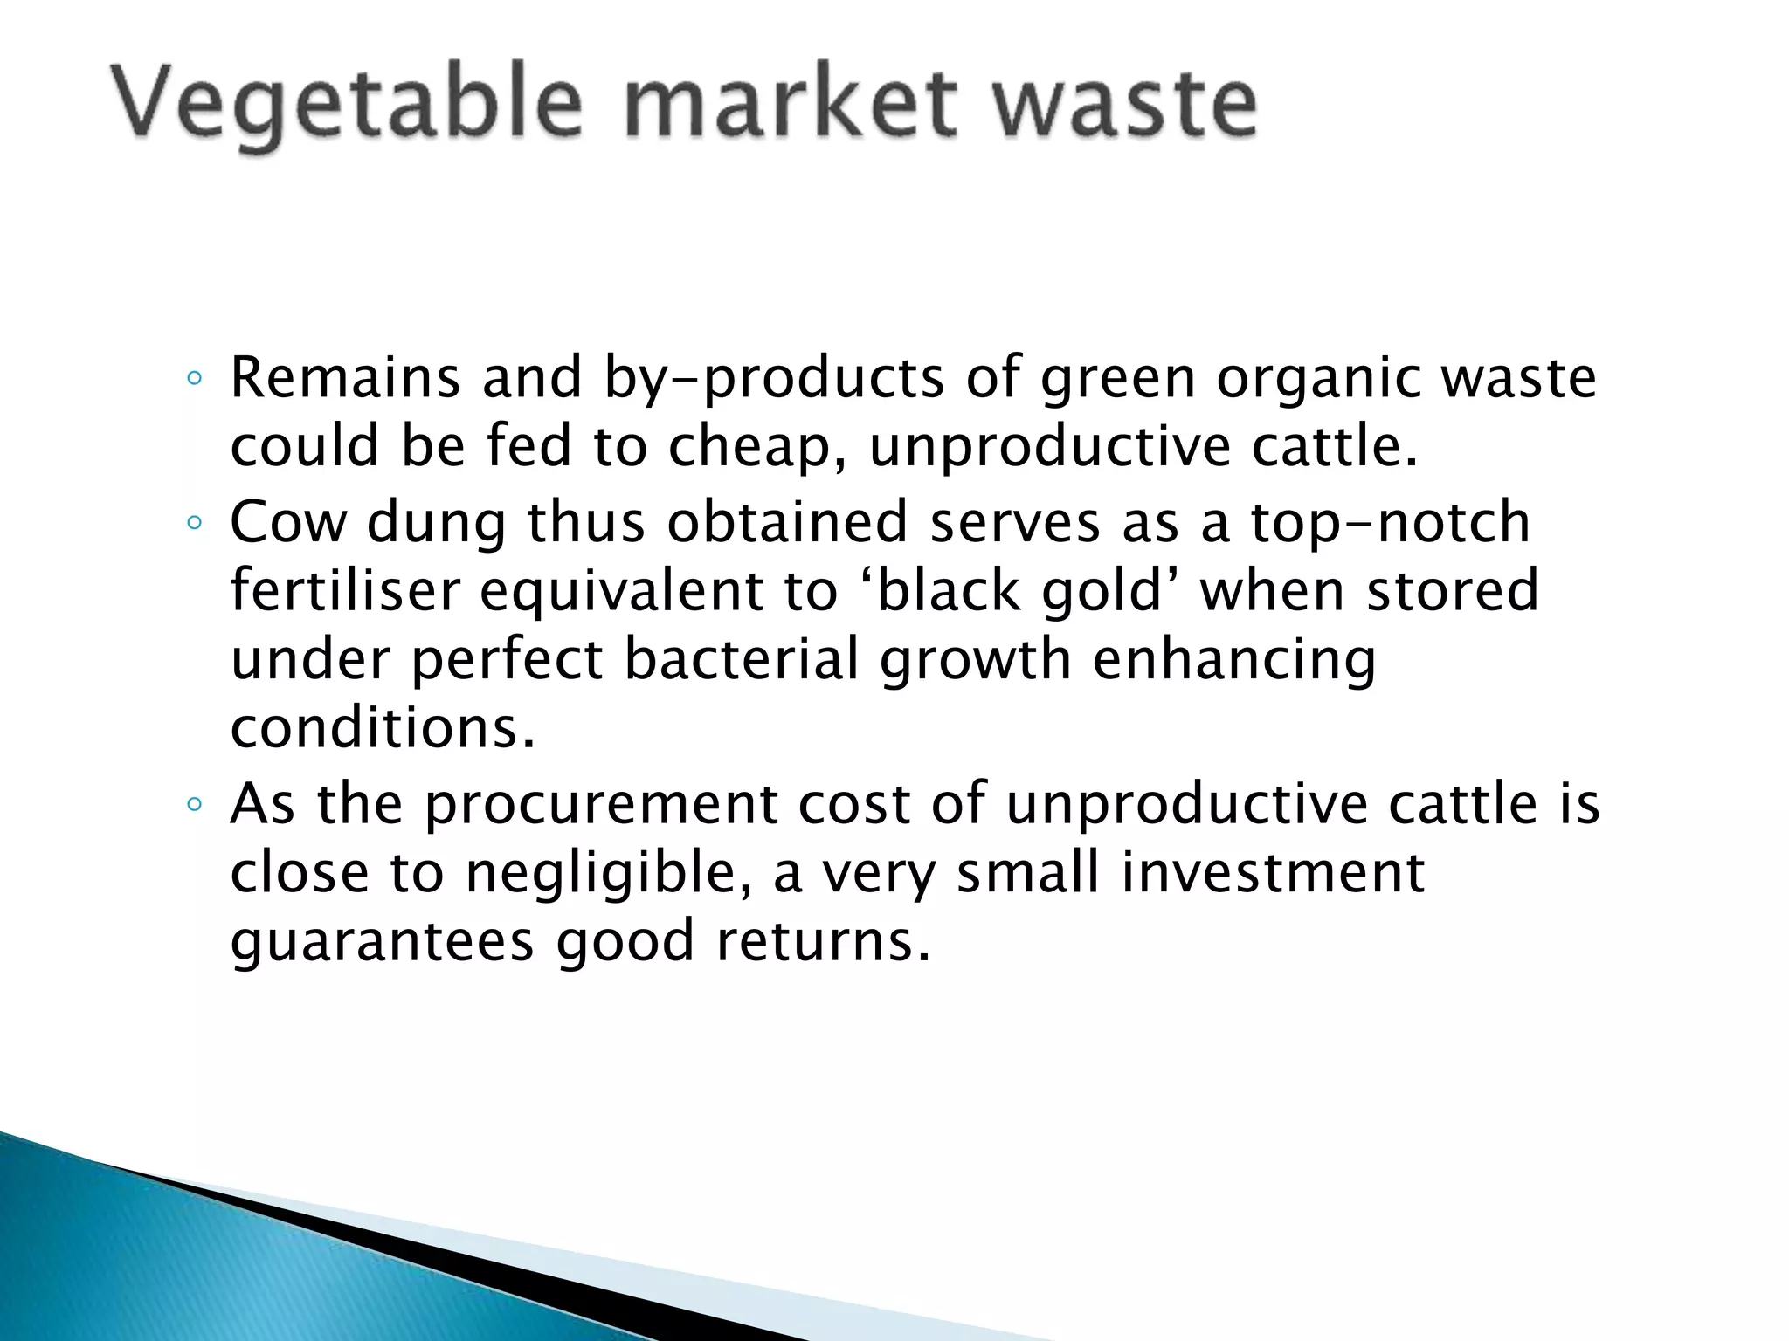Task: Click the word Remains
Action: click(x=345, y=378)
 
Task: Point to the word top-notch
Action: click(x=1390, y=522)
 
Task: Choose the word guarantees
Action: click(x=383, y=941)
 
